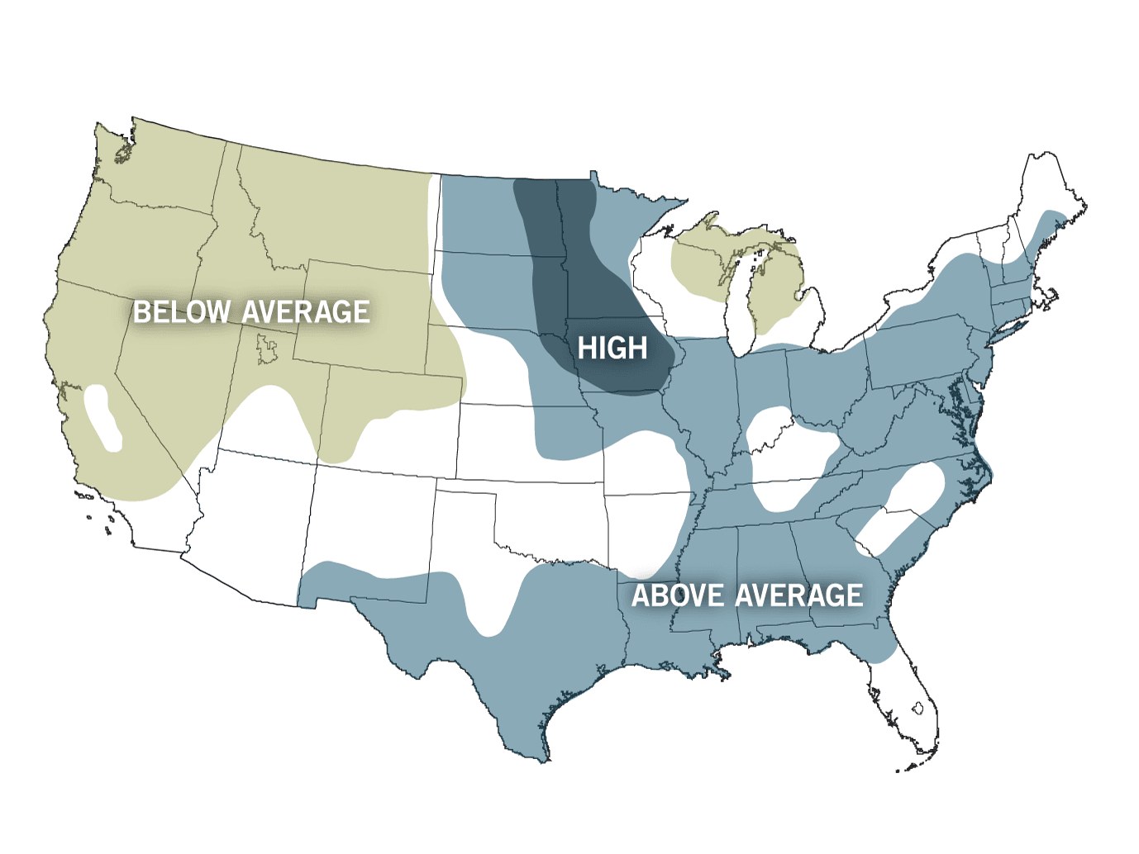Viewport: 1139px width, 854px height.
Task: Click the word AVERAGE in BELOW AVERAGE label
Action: pyautogui.click(x=306, y=312)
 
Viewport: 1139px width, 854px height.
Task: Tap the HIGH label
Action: pyautogui.click(x=612, y=349)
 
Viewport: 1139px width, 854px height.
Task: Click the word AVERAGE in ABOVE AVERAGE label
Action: pyautogui.click(x=799, y=595)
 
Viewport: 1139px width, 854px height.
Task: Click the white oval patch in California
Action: pyautogui.click(x=103, y=418)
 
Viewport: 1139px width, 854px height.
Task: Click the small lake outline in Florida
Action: pyautogui.click(x=917, y=708)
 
